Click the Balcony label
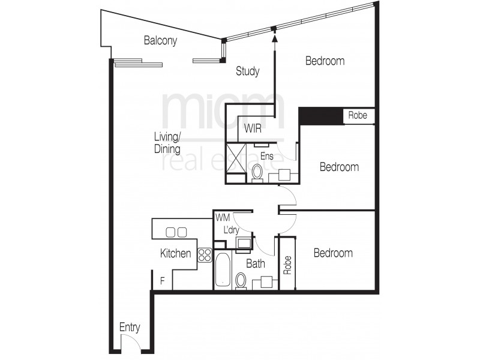[161, 41]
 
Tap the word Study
[247, 71]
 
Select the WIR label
[253, 128]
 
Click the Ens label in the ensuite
[268, 155]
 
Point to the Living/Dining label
[167, 143]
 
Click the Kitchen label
[175, 254]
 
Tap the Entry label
[130, 328]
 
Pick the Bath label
[256, 263]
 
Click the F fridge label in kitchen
[162, 280]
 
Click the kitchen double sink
[176, 232]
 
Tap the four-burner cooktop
[205, 254]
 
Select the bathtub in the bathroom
[222, 270]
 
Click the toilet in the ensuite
[257, 173]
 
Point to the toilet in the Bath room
[241, 281]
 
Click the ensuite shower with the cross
[236, 158]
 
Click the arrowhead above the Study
[275, 38]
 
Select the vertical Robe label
[287, 264]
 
